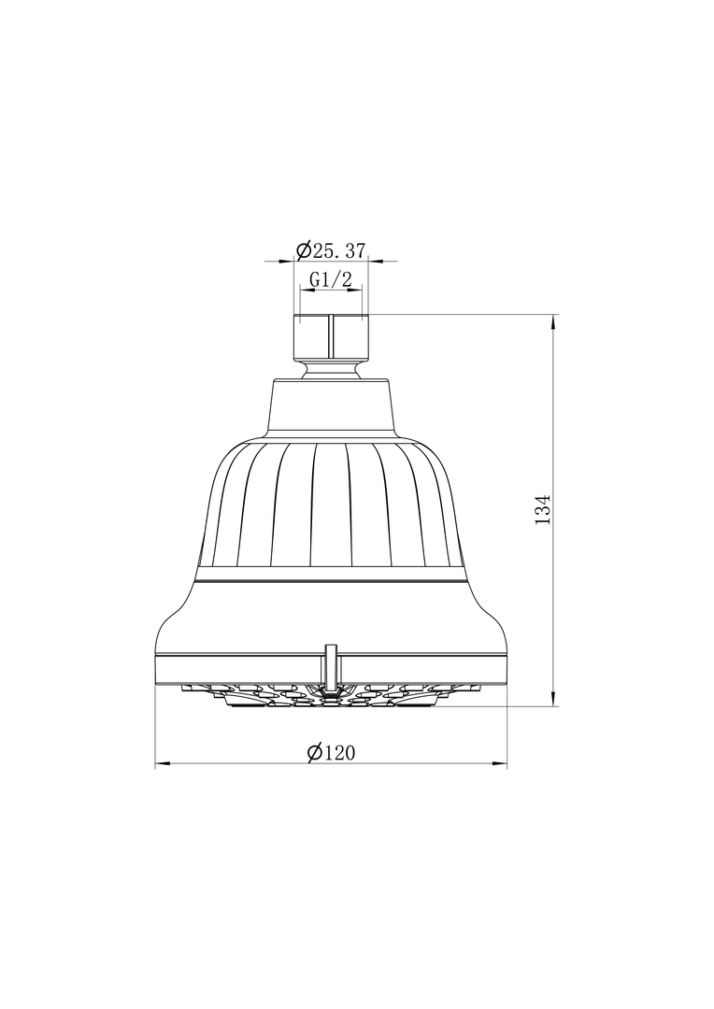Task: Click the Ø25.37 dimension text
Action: tap(330, 250)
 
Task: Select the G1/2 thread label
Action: tap(331, 280)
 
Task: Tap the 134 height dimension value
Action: tap(543, 509)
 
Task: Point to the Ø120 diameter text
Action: tap(331, 752)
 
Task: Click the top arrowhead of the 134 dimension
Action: tap(553, 321)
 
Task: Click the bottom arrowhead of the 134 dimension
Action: tap(553, 699)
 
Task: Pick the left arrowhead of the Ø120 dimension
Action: tap(163, 764)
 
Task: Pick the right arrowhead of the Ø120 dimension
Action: tap(500, 764)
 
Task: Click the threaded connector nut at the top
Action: tap(331, 337)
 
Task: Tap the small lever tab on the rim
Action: tap(331, 665)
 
